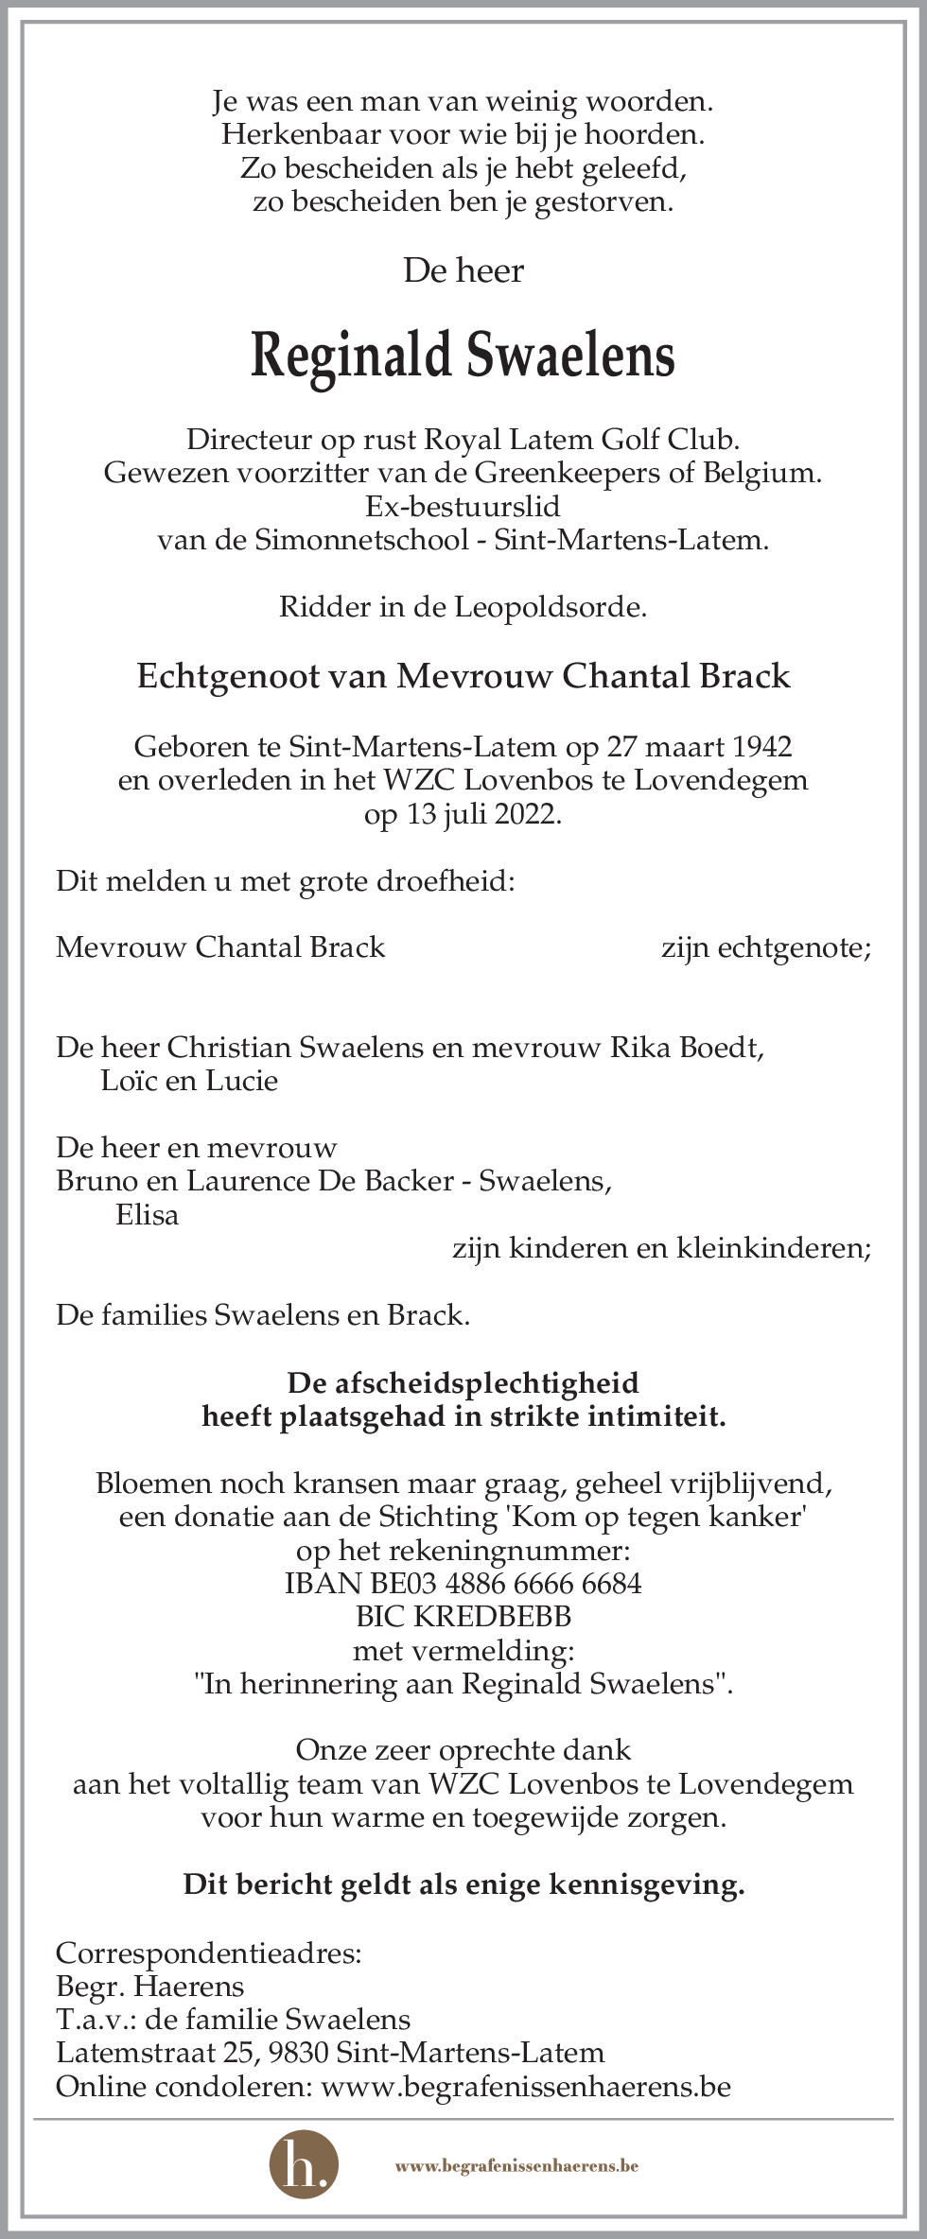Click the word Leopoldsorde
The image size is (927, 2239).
[551, 607]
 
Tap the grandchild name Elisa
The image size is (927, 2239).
[147, 1215]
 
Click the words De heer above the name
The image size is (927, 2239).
[463, 271]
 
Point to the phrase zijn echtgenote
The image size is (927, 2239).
[765, 947]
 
